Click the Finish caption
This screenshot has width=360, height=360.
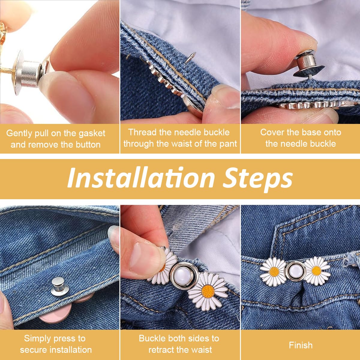pos(301,345)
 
